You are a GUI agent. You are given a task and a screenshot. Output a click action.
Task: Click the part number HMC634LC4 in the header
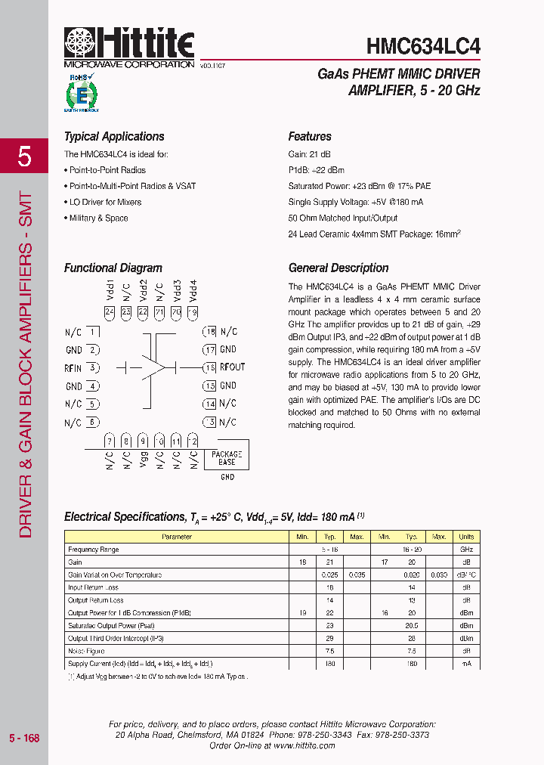423,45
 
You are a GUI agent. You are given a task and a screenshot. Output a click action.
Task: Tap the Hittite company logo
129,44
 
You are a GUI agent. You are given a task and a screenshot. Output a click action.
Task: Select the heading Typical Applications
114,137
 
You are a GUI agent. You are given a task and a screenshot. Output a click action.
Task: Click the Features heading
310,137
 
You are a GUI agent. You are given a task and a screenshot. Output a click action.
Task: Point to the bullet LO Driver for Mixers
106,202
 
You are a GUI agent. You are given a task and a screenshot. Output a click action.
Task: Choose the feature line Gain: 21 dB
309,153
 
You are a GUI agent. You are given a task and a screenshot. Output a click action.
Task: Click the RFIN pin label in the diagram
73,368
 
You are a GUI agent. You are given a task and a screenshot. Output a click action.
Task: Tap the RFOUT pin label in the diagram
233,367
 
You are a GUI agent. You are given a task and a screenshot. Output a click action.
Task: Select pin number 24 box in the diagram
110,311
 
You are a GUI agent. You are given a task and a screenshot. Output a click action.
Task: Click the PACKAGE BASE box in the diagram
227,458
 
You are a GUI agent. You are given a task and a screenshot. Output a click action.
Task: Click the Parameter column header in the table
177,537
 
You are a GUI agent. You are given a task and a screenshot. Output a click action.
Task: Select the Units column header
466,537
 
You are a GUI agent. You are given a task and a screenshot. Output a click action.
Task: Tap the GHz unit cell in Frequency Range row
466,550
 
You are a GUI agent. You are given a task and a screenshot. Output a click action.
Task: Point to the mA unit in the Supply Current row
466,664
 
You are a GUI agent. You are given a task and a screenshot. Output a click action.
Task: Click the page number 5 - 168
24,738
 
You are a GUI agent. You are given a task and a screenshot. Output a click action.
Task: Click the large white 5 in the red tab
25,157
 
